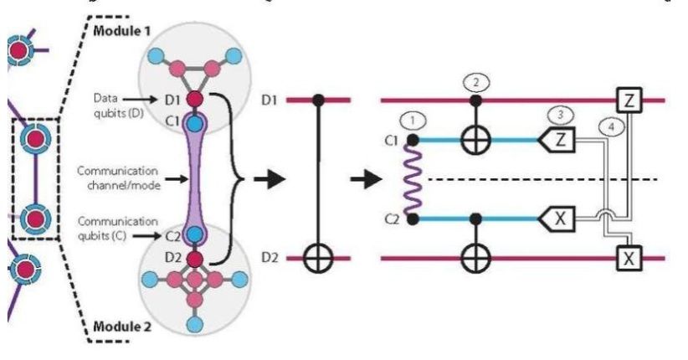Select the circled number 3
(x=558, y=113)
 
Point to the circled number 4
(x=612, y=128)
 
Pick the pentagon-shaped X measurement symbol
(x=559, y=219)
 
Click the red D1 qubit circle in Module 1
(x=194, y=100)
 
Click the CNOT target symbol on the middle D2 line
(x=318, y=258)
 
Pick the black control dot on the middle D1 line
(x=318, y=100)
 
